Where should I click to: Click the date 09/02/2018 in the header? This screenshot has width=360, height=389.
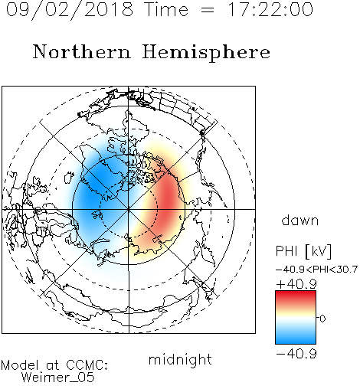[70, 10]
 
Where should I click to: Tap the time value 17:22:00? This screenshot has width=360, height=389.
[270, 9]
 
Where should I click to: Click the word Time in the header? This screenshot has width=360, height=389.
[166, 9]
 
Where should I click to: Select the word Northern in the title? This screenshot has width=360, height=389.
[82, 51]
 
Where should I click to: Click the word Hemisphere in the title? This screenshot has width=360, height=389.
[206, 53]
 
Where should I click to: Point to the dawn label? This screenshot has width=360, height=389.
[300, 220]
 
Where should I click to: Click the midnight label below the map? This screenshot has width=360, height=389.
[180, 359]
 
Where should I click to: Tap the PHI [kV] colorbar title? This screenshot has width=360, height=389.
[303, 251]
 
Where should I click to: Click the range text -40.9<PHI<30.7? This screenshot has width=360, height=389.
[316, 270]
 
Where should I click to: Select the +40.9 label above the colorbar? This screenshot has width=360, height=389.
[296, 284]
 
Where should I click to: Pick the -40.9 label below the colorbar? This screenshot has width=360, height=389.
[296, 354]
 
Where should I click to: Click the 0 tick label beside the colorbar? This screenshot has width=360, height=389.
[322, 319]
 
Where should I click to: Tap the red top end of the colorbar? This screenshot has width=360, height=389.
[296, 294]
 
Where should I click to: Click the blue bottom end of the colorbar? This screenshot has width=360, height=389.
[296, 341]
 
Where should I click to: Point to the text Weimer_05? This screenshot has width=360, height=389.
[58, 378]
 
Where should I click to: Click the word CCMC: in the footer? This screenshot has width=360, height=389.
[87, 365]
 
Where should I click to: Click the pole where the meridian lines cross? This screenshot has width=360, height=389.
[129, 209]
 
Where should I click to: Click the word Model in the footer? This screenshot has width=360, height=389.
[21, 365]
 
